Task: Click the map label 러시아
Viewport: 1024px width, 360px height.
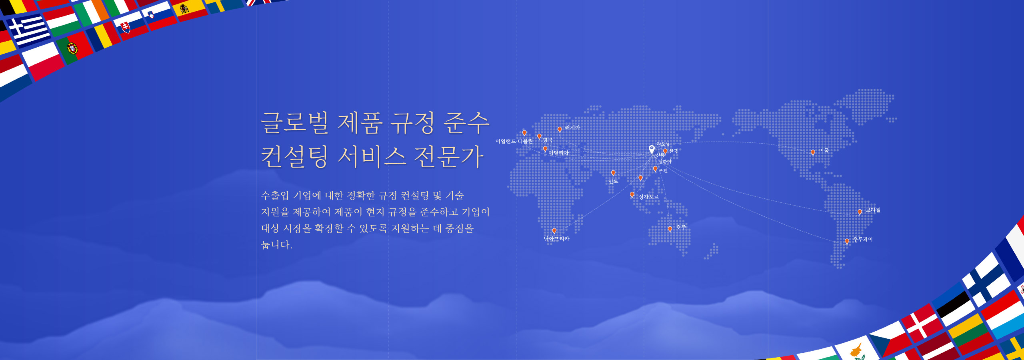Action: tap(572, 128)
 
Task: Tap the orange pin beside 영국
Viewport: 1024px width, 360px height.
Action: tap(539, 136)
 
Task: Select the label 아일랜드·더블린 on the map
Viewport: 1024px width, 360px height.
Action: tap(514, 141)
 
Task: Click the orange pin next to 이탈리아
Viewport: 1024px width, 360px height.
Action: tap(545, 149)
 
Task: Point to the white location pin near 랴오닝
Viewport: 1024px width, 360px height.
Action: tap(652, 149)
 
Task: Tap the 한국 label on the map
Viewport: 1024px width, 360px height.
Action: tap(674, 151)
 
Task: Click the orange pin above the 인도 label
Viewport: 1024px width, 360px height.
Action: tap(613, 173)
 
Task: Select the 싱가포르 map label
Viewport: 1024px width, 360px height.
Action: tap(648, 197)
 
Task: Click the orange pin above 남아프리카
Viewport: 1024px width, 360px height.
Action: tap(554, 231)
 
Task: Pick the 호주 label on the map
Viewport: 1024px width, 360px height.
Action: tap(681, 227)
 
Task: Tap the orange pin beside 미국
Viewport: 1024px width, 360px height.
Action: tap(813, 152)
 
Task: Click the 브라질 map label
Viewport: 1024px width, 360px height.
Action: tap(873, 210)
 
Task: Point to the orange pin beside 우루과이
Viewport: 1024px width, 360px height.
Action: tap(847, 241)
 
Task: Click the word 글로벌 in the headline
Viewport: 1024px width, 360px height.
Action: tap(294, 122)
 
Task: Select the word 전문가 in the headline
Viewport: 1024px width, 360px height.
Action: tap(449, 156)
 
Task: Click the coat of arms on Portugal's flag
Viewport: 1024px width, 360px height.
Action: tap(72, 48)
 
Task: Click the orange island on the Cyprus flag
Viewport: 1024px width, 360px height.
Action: tap(856, 350)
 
